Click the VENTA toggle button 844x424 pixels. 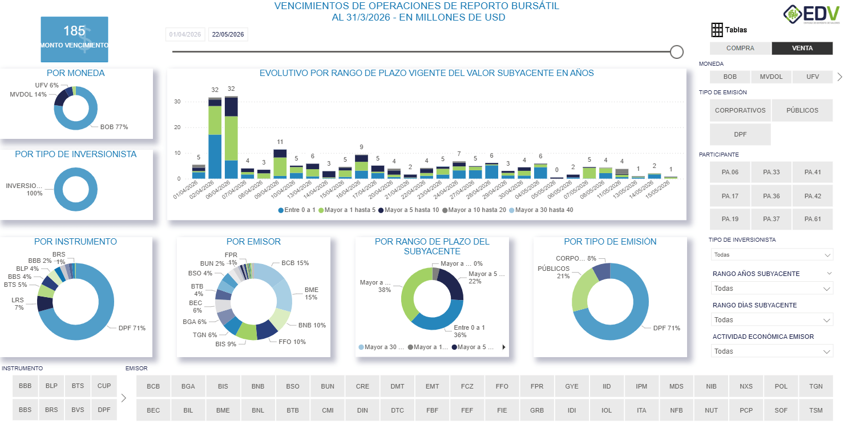pos(802,49)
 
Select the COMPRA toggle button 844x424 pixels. pos(740,49)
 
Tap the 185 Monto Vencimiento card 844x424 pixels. pos(74,39)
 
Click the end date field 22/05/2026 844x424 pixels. pos(228,35)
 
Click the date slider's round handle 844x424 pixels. pos(677,52)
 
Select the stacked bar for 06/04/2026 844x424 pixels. pos(231,138)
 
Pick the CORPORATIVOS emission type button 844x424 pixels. pos(740,110)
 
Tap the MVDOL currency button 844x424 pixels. pos(771,77)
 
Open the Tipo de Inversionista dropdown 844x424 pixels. pos(771,255)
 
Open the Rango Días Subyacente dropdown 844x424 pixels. pos(771,320)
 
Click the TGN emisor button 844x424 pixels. pos(815,386)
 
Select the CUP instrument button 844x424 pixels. pos(104,386)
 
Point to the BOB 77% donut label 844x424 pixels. pos(114,127)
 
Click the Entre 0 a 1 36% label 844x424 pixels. pos(469,331)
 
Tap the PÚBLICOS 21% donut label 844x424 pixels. pos(554,273)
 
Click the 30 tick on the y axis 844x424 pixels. pos(177,102)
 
